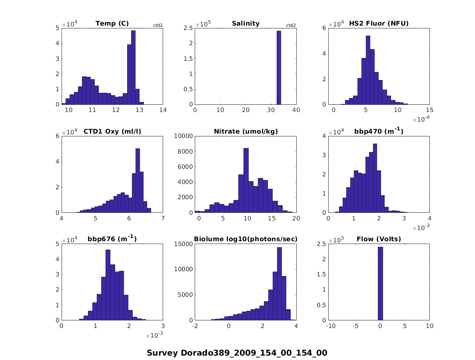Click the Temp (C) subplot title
click(x=112, y=24)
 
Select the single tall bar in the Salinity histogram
click(x=279, y=68)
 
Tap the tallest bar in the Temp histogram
click(x=133, y=68)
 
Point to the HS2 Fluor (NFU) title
click(x=379, y=24)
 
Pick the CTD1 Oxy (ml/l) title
click(x=112, y=132)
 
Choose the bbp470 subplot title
click(x=379, y=131)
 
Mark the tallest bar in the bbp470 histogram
click(x=375, y=178)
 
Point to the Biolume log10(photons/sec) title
click(x=245, y=239)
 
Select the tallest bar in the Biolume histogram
click(x=279, y=284)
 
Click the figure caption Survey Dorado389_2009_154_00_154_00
click(x=237, y=353)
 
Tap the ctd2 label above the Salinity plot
click(x=291, y=26)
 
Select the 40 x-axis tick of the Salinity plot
click(x=296, y=110)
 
